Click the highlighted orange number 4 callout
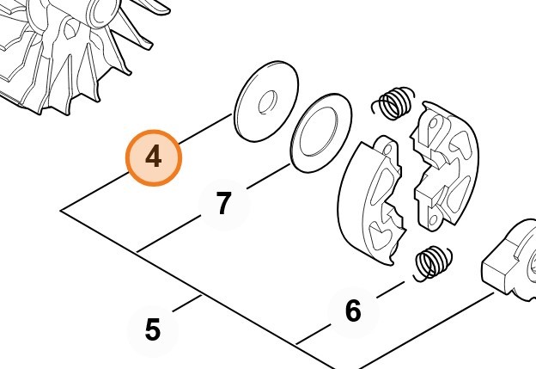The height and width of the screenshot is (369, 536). (154, 157)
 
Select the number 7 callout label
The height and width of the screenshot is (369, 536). (224, 203)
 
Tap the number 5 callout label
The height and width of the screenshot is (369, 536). (152, 329)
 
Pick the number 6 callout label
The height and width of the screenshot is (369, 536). (353, 311)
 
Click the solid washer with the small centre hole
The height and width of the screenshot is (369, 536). (266, 101)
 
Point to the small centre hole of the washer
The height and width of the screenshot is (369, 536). (267, 102)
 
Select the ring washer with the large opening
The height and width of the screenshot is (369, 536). (321, 132)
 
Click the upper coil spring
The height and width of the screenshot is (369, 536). (393, 103)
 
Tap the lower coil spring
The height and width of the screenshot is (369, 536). (433, 263)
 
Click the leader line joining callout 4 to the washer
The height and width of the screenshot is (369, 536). (205, 129)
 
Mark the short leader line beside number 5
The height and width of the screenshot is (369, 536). (186, 304)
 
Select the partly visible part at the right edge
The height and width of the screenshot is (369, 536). (509, 260)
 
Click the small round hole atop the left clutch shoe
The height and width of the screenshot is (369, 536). (387, 149)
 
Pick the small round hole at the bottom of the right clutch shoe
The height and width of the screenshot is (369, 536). (433, 219)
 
